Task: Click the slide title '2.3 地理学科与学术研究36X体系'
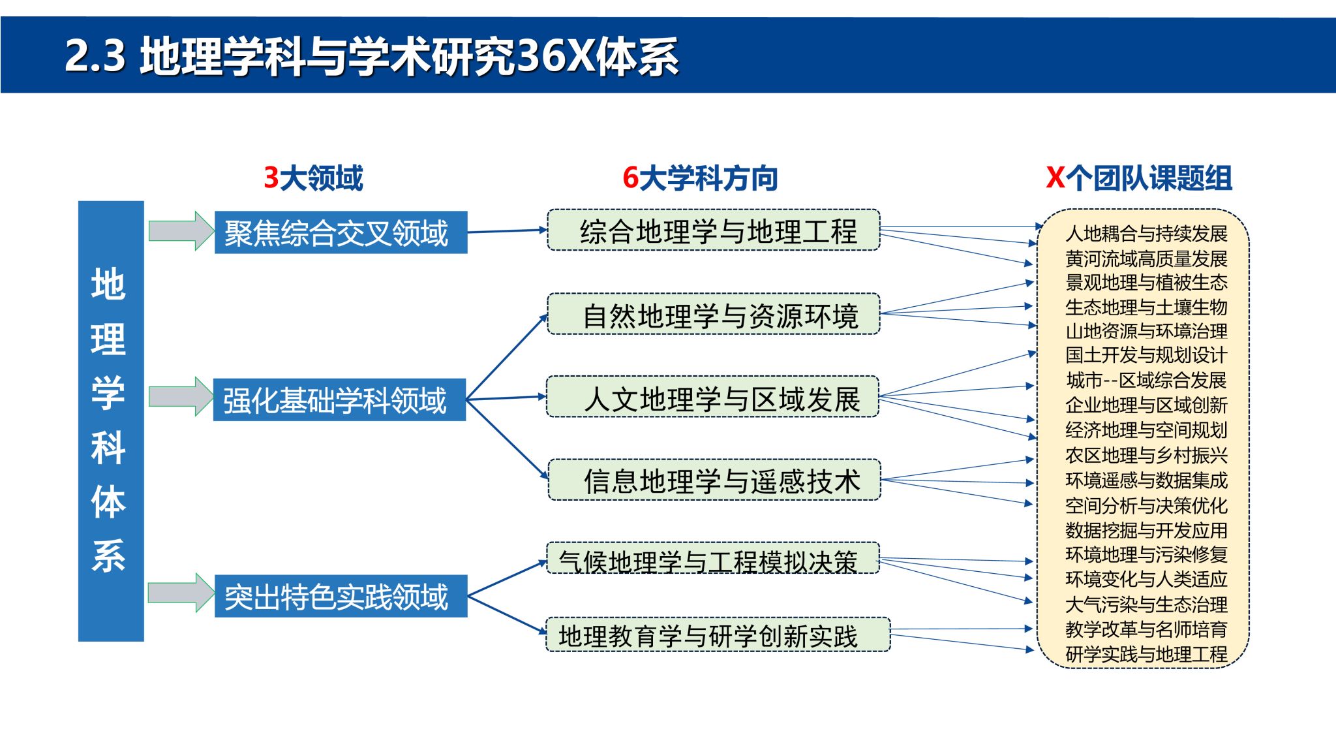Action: tap(372, 55)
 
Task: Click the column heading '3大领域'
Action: tap(313, 178)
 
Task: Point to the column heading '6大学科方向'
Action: tap(700, 178)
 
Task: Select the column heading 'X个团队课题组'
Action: tap(1139, 178)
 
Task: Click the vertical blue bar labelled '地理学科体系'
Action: tap(111, 421)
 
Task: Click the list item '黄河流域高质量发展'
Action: tap(1146, 258)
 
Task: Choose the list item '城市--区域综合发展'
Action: tap(1146, 380)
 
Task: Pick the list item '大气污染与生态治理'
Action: tap(1146, 604)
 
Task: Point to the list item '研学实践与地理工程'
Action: tap(1146, 653)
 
